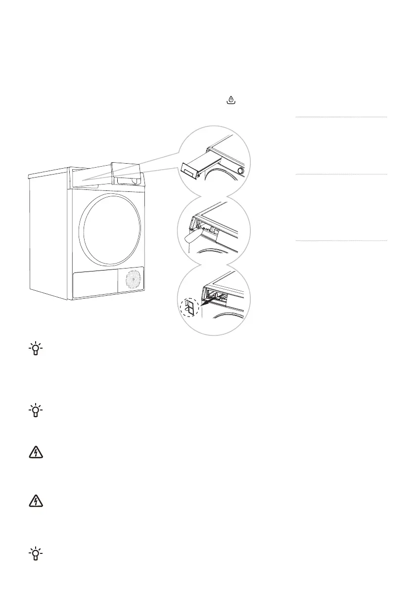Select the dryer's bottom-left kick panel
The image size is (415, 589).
[x=94, y=284]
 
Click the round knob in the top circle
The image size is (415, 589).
[x=240, y=171]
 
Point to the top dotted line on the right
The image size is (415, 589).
[x=341, y=117]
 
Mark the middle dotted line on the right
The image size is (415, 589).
[x=341, y=174]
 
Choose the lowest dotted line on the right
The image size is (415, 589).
[x=341, y=241]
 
